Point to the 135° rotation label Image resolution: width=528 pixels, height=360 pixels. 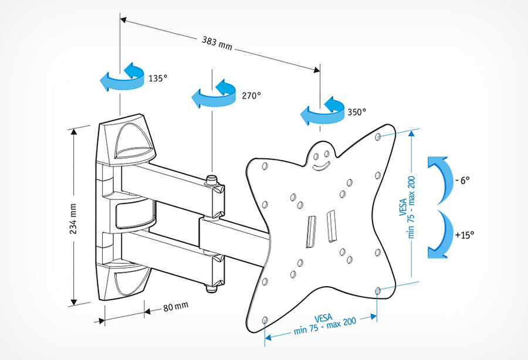point(158,77)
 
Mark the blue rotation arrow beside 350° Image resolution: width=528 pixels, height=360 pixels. point(320,111)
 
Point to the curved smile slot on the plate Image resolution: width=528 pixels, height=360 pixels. point(320,167)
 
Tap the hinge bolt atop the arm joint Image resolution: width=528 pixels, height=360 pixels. point(211,178)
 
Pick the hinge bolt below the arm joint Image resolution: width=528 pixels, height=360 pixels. point(211,288)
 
